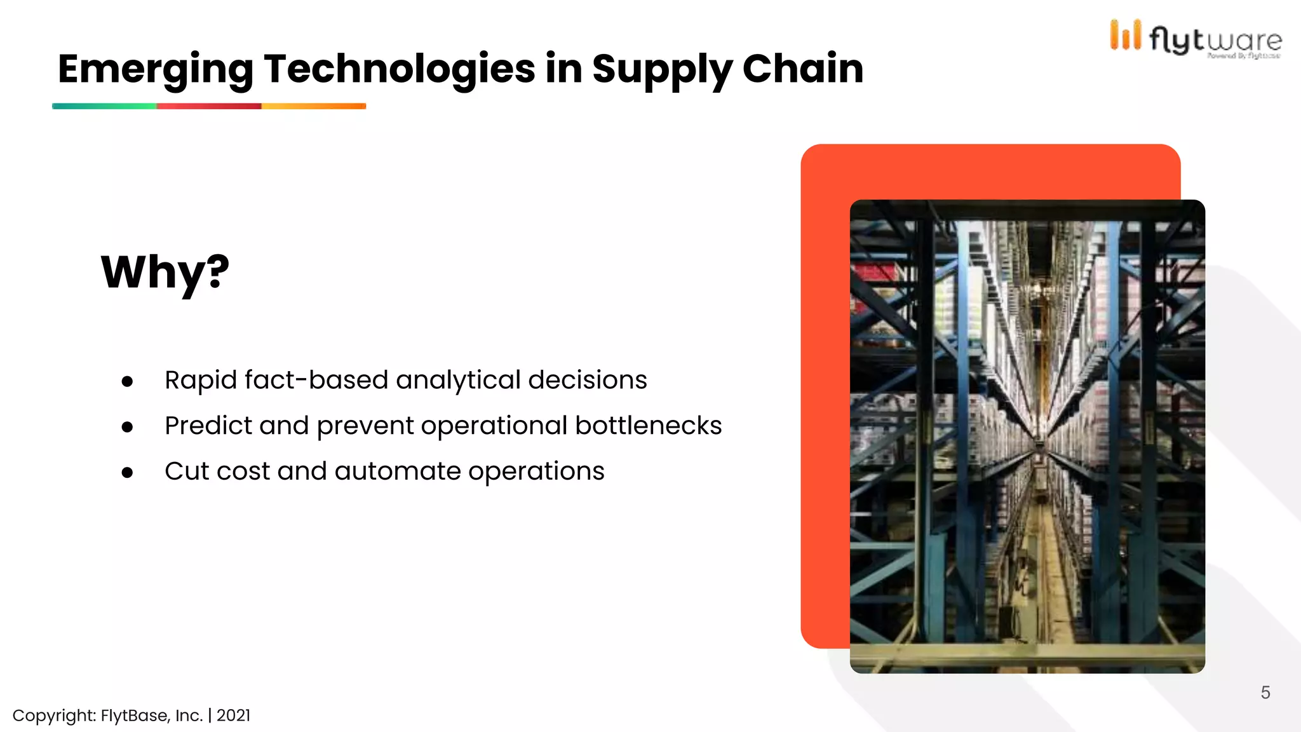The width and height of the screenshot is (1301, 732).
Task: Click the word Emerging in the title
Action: pyautogui.click(x=155, y=69)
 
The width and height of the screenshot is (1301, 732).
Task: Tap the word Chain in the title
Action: pyautogui.click(x=802, y=69)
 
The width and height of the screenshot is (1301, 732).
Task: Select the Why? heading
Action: pyautogui.click(x=165, y=272)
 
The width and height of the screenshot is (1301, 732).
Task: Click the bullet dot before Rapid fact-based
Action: pyautogui.click(x=128, y=381)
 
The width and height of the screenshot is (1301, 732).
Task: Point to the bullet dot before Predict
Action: pyautogui.click(x=128, y=427)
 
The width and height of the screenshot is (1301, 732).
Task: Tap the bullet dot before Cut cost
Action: pyautogui.click(x=128, y=473)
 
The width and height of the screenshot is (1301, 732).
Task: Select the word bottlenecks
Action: pyautogui.click(x=648, y=426)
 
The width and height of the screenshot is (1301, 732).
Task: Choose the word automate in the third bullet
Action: pyautogui.click(x=398, y=471)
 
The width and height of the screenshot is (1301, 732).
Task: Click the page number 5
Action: pyautogui.click(x=1265, y=693)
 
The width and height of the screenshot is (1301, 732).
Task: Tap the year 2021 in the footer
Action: pyautogui.click(x=233, y=715)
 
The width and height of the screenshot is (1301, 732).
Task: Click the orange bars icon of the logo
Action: pyautogui.click(x=1125, y=36)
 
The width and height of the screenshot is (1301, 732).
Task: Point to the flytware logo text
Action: pyautogui.click(x=1215, y=41)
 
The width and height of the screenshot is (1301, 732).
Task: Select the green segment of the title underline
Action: pyautogui.click(x=104, y=106)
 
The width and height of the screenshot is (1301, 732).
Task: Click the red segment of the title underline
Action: pyautogui.click(x=209, y=106)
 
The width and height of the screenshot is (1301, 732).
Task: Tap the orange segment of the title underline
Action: pyautogui.click(x=314, y=106)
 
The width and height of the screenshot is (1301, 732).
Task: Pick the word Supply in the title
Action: pyautogui.click(x=662, y=69)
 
